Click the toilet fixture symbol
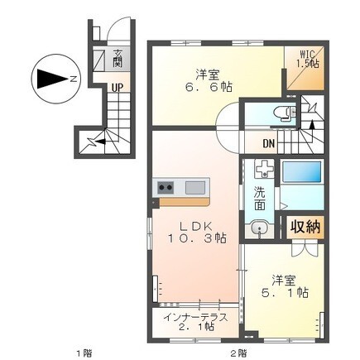point(285,113)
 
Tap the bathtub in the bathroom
point(302,171)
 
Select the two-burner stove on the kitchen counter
point(166,188)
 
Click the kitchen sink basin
point(195,188)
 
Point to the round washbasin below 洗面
point(259,228)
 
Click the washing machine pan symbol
point(264,169)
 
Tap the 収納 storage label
point(305,227)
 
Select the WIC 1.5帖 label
point(308,59)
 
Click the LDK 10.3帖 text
point(196,233)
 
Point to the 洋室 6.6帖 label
point(208,81)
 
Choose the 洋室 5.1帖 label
point(285,286)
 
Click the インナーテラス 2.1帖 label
point(195,322)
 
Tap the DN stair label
point(268,143)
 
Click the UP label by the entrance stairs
point(117,88)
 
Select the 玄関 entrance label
point(117,59)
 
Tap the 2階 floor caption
point(238,353)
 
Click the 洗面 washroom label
point(260,198)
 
